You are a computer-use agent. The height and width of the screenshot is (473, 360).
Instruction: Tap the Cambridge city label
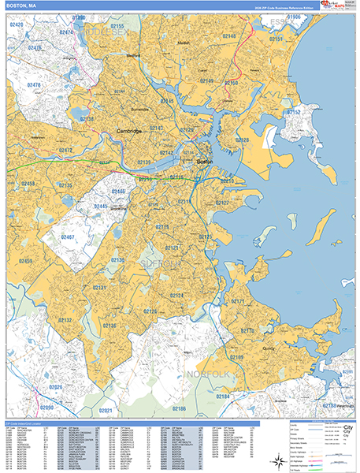pyautogui.click(x=128, y=131)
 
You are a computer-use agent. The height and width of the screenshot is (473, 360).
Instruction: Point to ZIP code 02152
pyautogui.click(x=293, y=113)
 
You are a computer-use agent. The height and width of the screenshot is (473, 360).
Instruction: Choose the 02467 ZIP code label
pyautogui.click(x=68, y=236)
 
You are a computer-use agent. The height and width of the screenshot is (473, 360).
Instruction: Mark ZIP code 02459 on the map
pyautogui.click(x=26, y=261)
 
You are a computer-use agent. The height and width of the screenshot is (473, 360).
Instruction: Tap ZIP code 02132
pyautogui.click(x=64, y=320)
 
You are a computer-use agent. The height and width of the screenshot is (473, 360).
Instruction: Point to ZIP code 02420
pyautogui.click(x=15, y=25)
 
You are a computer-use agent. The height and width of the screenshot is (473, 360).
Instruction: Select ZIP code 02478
pyautogui.click(x=34, y=84)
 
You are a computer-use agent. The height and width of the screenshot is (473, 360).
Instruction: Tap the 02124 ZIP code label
pyautogui.click(x=176, y=296)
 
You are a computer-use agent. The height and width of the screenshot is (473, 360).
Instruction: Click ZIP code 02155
pyautogui.click(x=140, y=26)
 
